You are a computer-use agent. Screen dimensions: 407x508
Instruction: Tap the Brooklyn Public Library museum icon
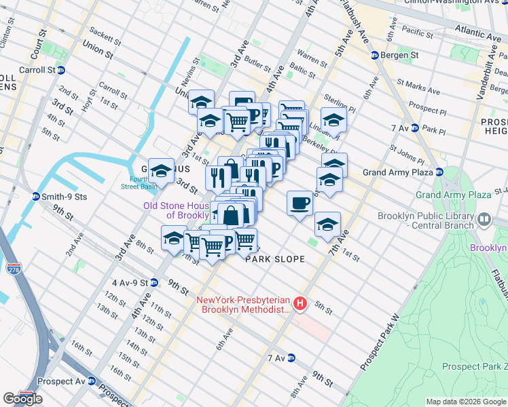(x=484, y=219)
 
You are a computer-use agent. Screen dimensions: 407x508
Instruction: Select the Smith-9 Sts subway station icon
(x=35, y=197)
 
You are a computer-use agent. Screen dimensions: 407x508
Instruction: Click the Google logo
(x=22, y=399)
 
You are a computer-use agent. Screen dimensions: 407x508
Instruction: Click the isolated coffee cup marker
(x=300, y=203)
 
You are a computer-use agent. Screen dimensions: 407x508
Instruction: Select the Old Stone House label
(x=175, y=210)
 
